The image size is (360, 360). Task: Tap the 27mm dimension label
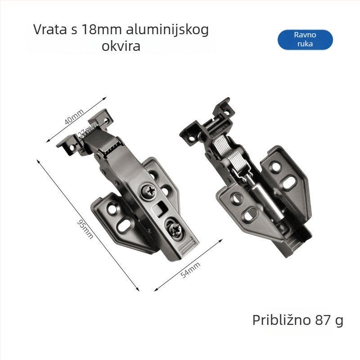point(87,132)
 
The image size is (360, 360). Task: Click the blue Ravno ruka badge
point(305,40)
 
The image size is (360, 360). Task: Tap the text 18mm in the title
point(97,30)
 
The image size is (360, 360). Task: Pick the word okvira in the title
point(121,46)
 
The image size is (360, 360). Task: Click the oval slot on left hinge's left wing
point(125,225)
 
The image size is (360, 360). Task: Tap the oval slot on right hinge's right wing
point(291,181)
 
